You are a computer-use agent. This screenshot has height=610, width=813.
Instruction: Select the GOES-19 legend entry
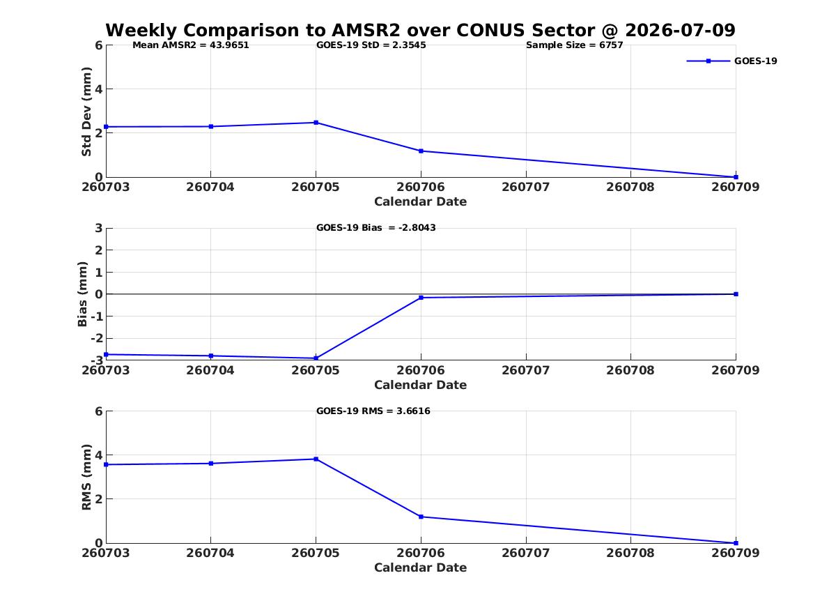[731, 61]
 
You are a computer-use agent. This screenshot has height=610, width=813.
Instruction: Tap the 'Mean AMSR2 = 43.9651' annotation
[191, 45]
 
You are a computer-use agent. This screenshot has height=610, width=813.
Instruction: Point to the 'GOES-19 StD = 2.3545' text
[371, 45]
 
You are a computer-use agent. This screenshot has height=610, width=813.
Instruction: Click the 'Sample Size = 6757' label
[575, 45]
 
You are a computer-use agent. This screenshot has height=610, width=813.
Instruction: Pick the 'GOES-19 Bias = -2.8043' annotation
[376, 228]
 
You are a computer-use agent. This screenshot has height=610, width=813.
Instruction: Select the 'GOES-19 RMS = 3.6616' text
[373, 411]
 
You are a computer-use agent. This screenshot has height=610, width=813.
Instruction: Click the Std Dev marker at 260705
[316, 123]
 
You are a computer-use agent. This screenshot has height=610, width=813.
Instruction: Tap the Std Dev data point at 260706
[421, 151]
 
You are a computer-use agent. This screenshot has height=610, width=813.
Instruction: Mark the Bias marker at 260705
[316, 358]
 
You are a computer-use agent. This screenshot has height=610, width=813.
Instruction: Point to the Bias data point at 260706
[421, 298]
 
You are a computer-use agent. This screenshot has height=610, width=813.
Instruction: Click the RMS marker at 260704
[211, 463]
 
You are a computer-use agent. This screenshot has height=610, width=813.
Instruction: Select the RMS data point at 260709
[736, 543]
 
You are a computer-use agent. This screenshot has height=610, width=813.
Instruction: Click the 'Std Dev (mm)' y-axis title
[86, 112]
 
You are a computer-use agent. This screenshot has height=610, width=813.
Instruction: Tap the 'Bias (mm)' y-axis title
[82, 294]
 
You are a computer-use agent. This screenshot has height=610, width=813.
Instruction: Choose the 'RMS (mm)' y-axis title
[86, 478]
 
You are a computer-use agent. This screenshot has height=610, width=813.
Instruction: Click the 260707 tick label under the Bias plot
[526, 370]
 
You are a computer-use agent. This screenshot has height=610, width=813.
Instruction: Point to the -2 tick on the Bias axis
[96, 338]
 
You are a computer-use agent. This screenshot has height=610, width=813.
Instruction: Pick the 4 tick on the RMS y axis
[99, 455]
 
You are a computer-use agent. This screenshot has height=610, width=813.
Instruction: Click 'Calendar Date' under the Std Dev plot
[421, 201]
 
